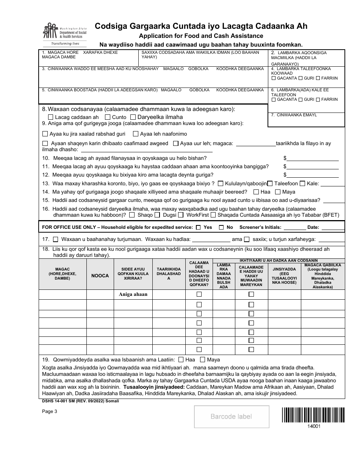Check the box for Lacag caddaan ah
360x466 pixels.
[51, 117]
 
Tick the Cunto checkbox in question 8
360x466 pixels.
[108, 117]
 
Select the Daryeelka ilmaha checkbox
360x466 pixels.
[133, 117]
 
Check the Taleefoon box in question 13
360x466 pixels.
[270, 184]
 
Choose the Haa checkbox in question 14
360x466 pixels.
[256, 192]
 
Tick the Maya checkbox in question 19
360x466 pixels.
[202, 360]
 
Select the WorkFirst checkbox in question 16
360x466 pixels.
[181, 215]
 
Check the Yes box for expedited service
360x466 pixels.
[198, 228]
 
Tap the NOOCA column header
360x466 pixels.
[100, 276]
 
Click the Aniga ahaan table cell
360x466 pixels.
[133, 294]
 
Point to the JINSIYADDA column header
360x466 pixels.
[284, 275]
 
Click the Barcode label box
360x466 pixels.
[231, 417]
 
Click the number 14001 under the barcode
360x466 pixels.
[314, 426]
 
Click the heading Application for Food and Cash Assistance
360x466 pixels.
[201, 36]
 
